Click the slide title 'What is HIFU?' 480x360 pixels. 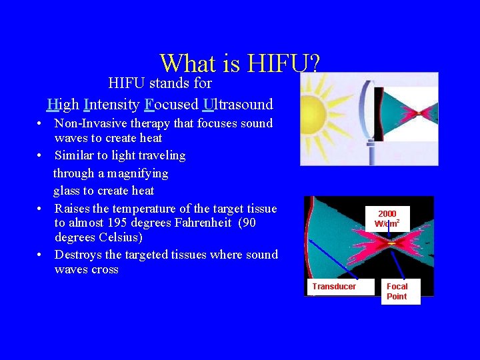tap(240, 63)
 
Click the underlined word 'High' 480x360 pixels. tap(63, 104)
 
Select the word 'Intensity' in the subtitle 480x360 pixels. tap(111, 104)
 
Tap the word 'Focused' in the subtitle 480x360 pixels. tap(171, 104)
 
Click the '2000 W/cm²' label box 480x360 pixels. tap(387, 219)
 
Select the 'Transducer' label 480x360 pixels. tap(334, 287)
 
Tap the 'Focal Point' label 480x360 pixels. tap(397, 291)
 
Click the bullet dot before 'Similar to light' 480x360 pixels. tap(41, 156)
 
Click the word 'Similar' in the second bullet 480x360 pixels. tap(74, 156)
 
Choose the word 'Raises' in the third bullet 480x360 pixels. tap(73, 209)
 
